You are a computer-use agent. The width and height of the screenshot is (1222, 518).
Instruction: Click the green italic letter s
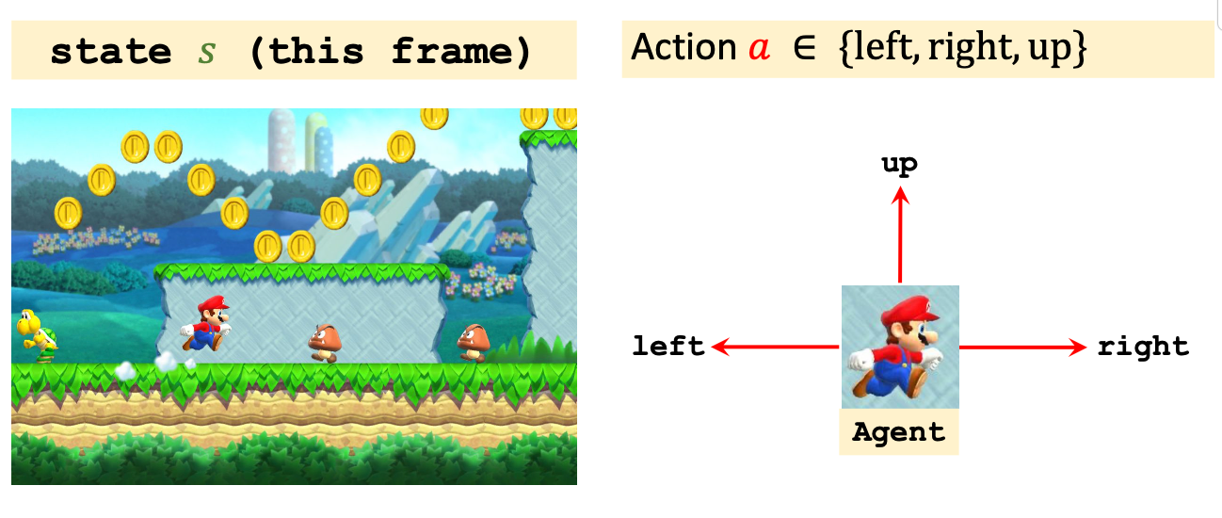[x=206, y=51]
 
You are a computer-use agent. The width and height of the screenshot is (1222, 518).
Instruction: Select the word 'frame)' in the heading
[x=461, y=51]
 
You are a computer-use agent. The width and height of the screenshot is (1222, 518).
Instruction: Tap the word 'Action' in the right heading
[x=683, y=47]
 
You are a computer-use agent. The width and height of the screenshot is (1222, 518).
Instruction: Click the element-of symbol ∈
[x=804, y=48]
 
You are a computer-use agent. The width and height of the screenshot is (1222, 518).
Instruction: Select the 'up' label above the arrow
[x=899, y=164]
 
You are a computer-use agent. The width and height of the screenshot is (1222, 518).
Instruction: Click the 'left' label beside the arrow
[x=668, y=347]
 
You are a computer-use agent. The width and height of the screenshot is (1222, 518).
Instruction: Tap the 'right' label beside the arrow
[x=1143, y=347]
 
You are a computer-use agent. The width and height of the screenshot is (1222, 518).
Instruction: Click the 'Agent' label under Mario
[x=898, y=433]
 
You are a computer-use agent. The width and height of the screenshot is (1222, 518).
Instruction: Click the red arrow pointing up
[x=900, y=235]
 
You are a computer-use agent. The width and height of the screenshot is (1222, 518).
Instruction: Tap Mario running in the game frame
[x=206, y=323]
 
